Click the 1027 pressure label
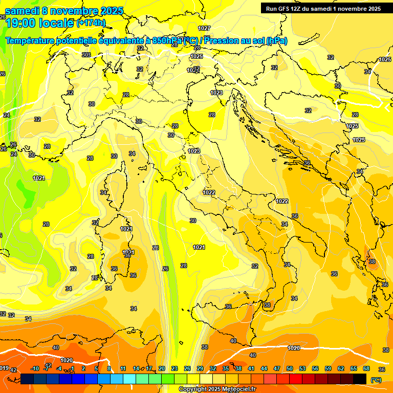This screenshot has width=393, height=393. click(204, 28)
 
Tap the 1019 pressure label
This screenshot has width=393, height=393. click(4, 367)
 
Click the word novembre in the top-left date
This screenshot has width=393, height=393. click(75, 11)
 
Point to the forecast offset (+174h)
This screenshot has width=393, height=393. click(91, 23)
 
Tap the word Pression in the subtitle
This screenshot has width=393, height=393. click(225, 40)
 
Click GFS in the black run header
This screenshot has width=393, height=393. click(288, 9)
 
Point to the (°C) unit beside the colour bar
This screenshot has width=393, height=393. click(376, 380)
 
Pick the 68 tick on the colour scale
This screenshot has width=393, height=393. click(366, 368)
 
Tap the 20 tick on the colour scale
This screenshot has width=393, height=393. click(162, 368)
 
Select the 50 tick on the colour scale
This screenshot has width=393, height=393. click(290, 368)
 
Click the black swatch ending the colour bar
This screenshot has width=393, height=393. click(360, 378)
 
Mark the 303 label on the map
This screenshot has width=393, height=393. click(86, 55)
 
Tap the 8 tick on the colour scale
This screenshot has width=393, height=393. click(110, 368)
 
